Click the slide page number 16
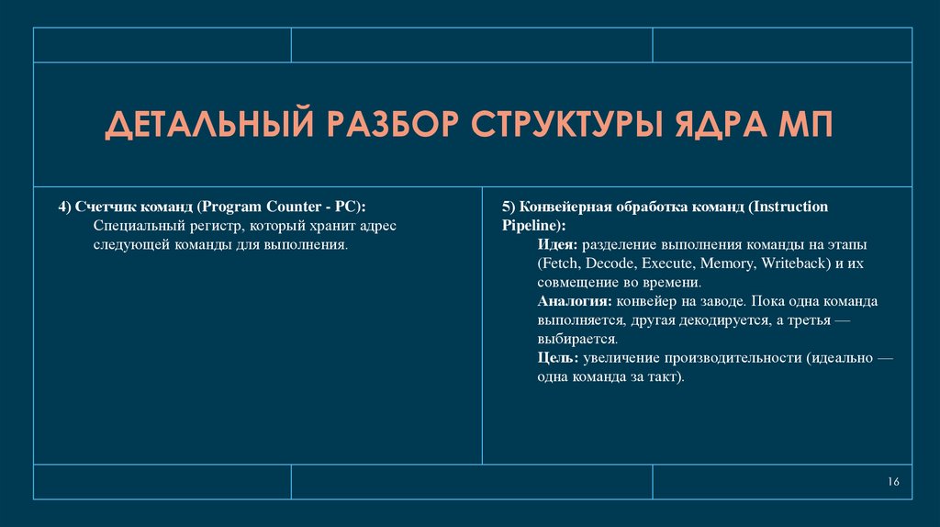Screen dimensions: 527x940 (x=894, y=483)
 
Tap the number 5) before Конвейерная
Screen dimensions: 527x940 (x=509, y=207)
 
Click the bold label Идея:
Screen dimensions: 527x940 (x=557, y=245)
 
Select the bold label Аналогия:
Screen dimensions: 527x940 (x=574, y=301)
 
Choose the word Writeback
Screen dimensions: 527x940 (x=794, y=263)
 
